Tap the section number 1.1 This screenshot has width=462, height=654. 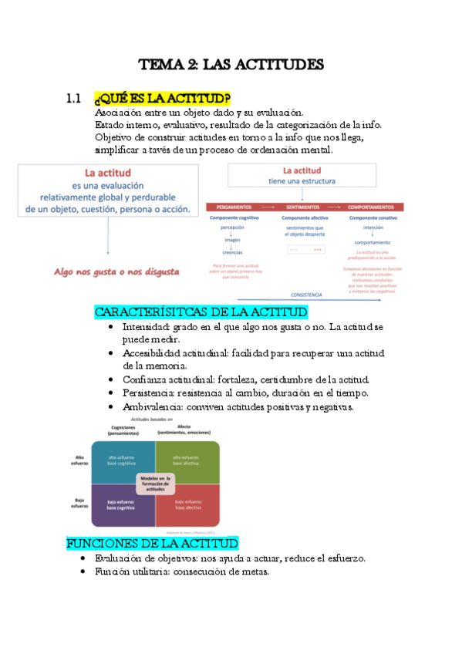pyautogui.click(x=74, y=99)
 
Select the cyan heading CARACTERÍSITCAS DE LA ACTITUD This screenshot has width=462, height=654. pyautogui.click(x=201, y=312)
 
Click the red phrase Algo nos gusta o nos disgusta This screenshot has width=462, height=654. pyautogui.click(x=116, y=271)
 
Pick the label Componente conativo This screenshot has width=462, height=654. pyautogui.click(x=373, y=218)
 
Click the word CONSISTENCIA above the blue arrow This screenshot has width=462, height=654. pyautogui.click(x=306, y=295)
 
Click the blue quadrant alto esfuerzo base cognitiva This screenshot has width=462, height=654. pyautogui.click(x=122, y=461)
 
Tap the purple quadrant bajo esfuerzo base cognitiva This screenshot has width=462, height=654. pyautogui.click(x=122, y=506)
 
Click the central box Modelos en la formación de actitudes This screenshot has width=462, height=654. pyautogui.click(x=155, y=484)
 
